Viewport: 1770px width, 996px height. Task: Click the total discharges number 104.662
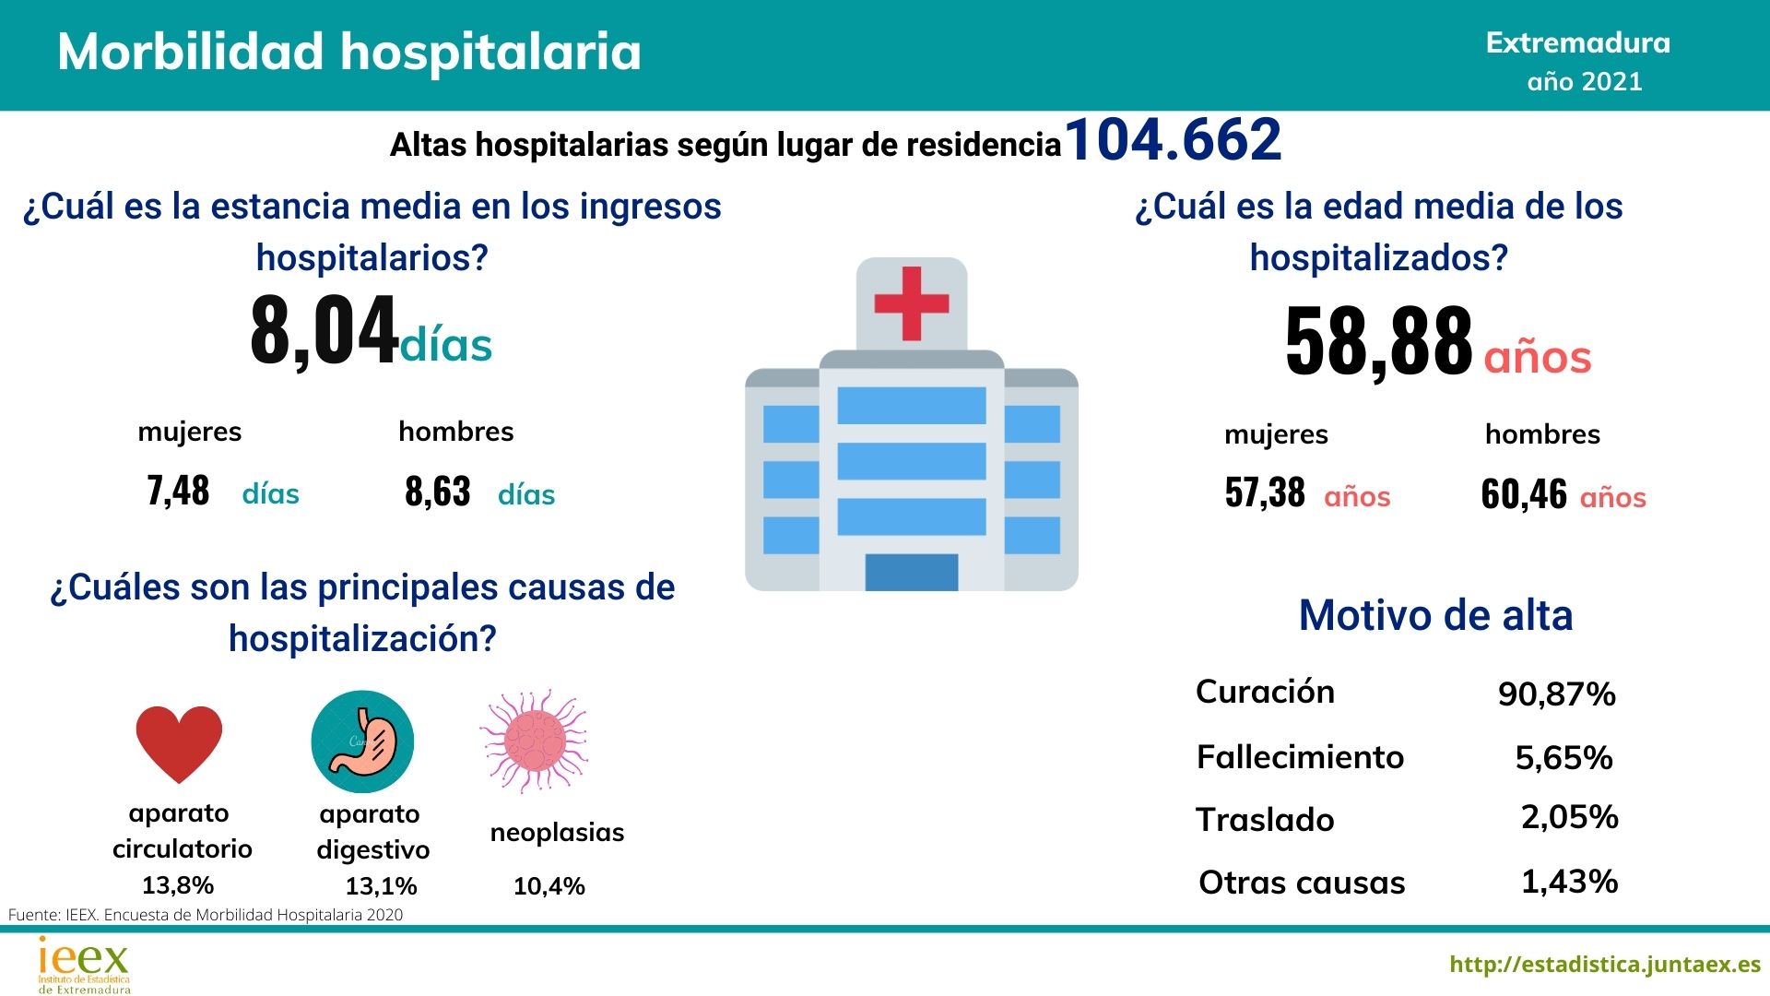[x=1173, y=141]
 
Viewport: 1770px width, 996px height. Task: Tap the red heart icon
[x=179, y=743]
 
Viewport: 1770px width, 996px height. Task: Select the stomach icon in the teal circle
[x=362, y=741]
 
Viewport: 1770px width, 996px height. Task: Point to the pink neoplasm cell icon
[x=535, y=741]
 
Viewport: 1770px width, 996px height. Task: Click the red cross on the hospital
[x=911, y=303]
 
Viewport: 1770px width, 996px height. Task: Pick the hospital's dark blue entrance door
[x=911, y=572]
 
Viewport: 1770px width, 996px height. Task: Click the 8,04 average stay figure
[x=324, y=330]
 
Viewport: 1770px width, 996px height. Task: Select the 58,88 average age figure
[x=1378, y=341]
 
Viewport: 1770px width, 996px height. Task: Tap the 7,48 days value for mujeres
[x=178, y=491]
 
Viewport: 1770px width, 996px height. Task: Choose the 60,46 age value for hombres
[x=1523, y=494]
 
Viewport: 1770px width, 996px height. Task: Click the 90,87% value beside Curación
[x=1556, y=694]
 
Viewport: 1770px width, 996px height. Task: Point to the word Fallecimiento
[x=1300, y=757]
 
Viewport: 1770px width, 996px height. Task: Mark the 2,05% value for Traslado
[x=1569, y=817]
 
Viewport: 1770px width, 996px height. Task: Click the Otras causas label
[x=1302, y=883]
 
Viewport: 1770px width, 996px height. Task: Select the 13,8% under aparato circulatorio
[x=178, y=885]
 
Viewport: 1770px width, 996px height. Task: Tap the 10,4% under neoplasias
[x=549, y=886]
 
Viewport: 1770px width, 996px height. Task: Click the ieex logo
[x=84, y=965]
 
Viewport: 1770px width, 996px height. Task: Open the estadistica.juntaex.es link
[x=1605, y=965]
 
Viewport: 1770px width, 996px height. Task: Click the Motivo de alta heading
[x=1435, y=615]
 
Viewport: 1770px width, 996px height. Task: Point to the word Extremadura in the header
[x=1577, y=43]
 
